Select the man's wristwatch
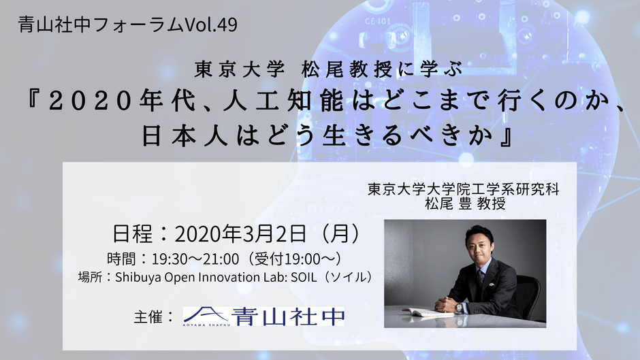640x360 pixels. pyautogui.click(x=460, y=307)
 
